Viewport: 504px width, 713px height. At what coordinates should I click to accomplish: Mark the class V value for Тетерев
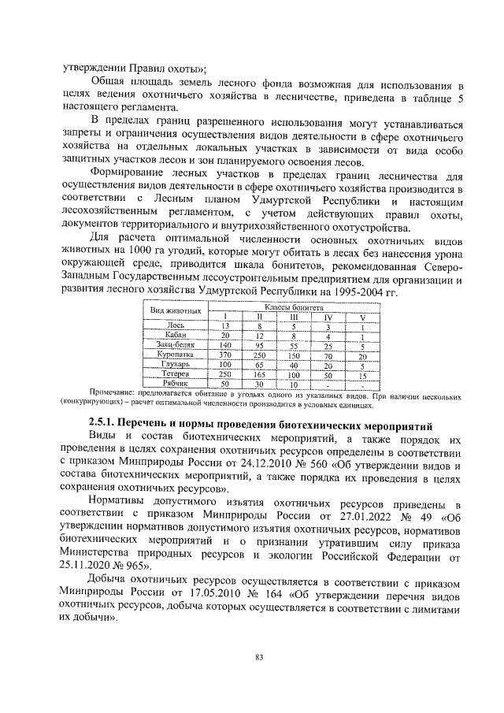[362, 375]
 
